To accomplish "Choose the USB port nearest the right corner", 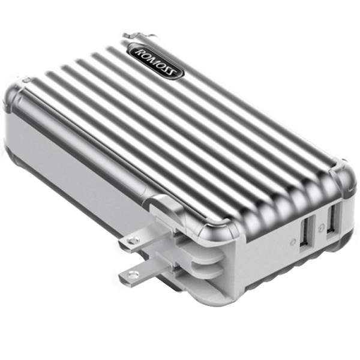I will (334, 219).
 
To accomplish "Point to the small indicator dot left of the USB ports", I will (292, 243).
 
